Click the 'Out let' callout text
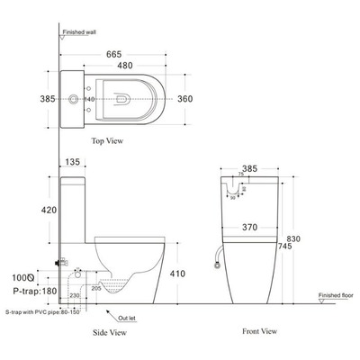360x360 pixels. click(x=129, y=316)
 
